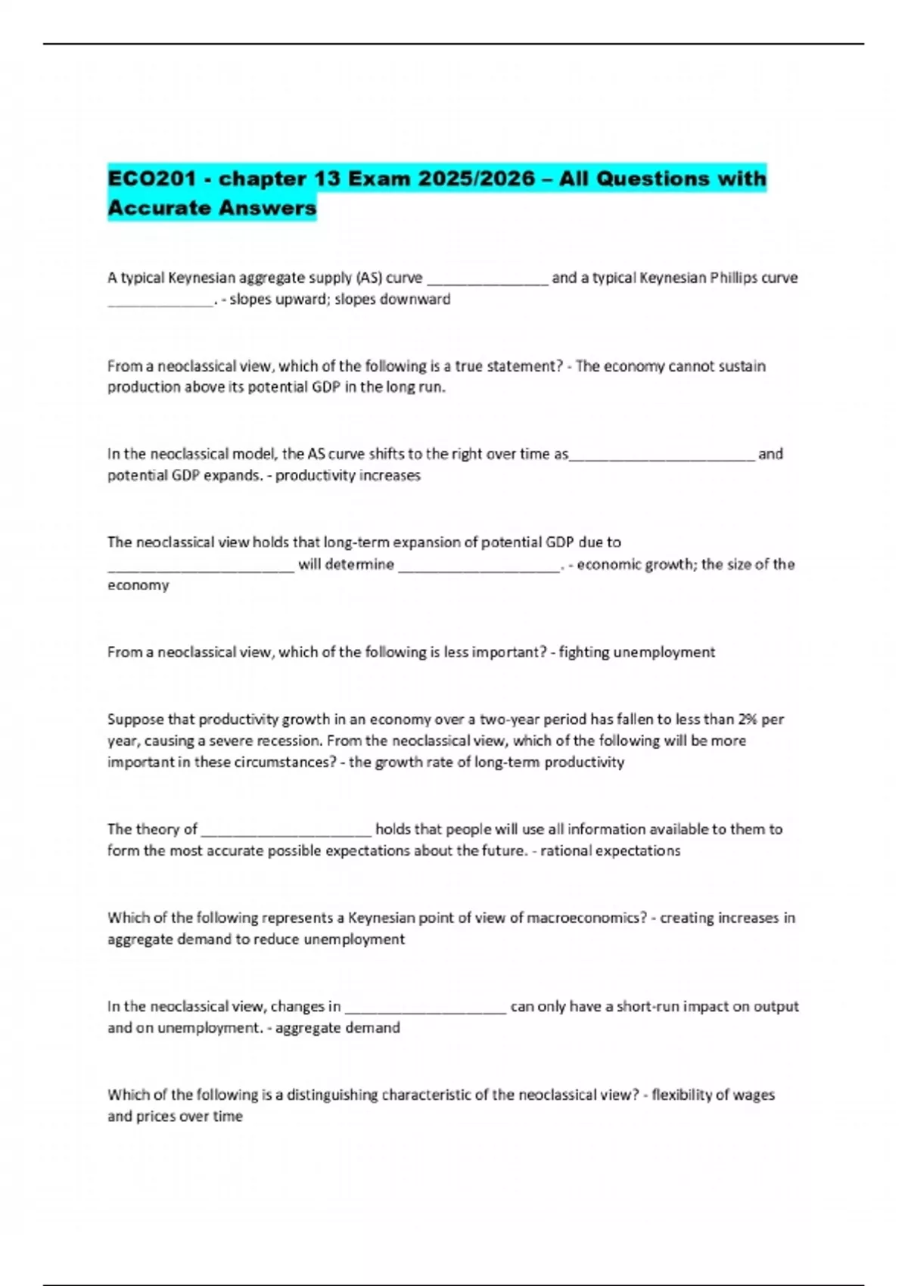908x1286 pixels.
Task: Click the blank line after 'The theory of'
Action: click(287, 830)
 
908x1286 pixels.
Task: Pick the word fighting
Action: click(583, 652)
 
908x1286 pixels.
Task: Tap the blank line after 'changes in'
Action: click(425, 1007)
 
